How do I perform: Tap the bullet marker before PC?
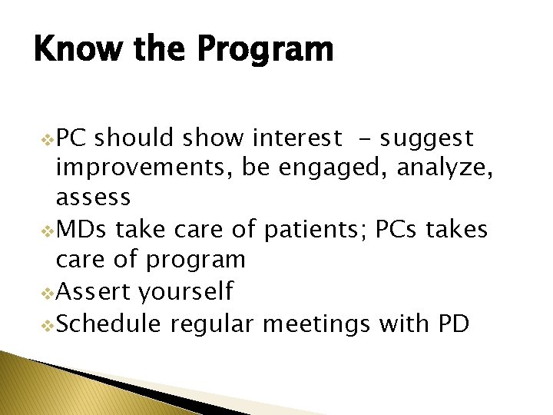(x=48, y=140)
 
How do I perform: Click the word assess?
(x=93, y=198)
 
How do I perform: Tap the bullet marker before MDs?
(x=48, y=231)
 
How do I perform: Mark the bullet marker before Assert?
(x=48, y=294)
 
